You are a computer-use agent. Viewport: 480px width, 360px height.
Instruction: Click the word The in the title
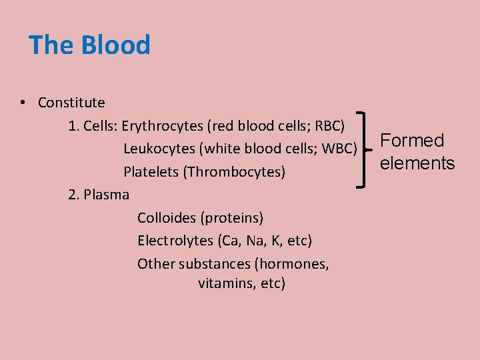pyautogui.click(x=52, y=45)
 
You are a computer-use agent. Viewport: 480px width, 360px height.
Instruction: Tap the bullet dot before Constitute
pyautogui.click(x=23, y=103)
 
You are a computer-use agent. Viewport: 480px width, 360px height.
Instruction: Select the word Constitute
pyautogui.click(x=71, y=103)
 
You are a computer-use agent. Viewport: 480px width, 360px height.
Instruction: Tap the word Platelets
pyautogui.click(x=151, y=172)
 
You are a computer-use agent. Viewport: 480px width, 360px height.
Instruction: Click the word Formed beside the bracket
pyautogui.click(x=412, y=141)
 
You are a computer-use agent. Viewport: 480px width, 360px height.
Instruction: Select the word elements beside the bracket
pyautogui.click(x=417, y=163)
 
